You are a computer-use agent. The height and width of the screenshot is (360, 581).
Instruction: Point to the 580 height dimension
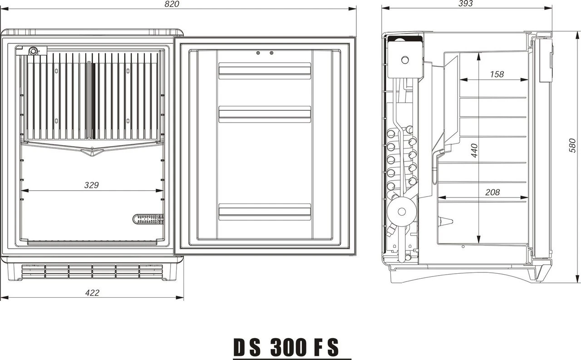[572, 145]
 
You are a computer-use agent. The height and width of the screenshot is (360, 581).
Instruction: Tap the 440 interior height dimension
[474, 150]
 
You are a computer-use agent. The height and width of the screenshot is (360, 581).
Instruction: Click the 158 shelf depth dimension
[497, 74]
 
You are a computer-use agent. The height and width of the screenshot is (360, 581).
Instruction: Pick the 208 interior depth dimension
[492, 192]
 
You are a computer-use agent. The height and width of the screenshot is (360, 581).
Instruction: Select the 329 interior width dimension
[91, 185]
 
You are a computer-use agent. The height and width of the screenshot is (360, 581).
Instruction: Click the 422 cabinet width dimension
[92, 293]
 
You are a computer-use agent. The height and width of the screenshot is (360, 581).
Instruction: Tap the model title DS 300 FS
[286, 347]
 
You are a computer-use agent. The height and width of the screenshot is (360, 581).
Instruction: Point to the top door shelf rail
[265, 71]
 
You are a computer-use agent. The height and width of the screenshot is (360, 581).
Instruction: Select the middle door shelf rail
[265, 114]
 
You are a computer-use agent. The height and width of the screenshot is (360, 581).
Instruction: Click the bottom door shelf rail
[265, 212]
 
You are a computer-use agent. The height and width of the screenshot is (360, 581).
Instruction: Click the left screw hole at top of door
[258, 53]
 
